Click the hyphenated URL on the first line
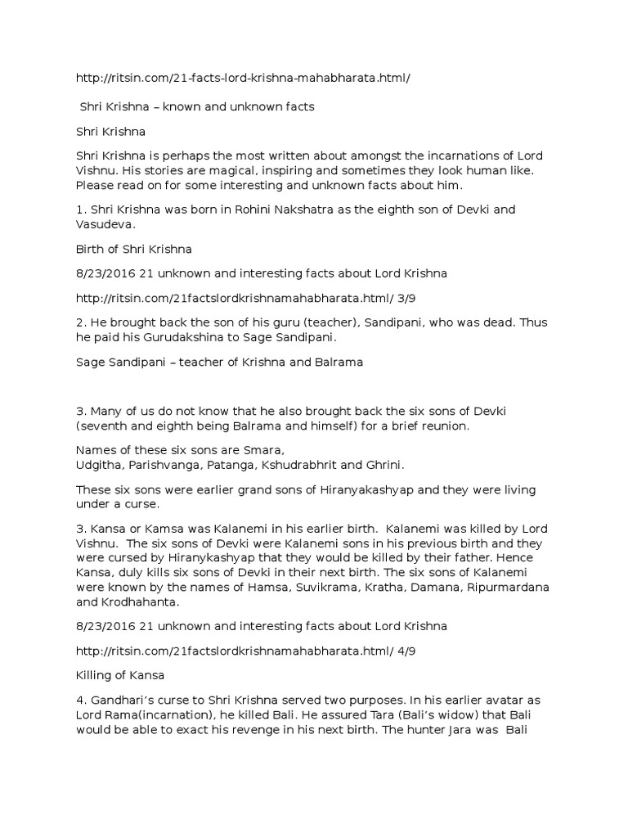243,78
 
